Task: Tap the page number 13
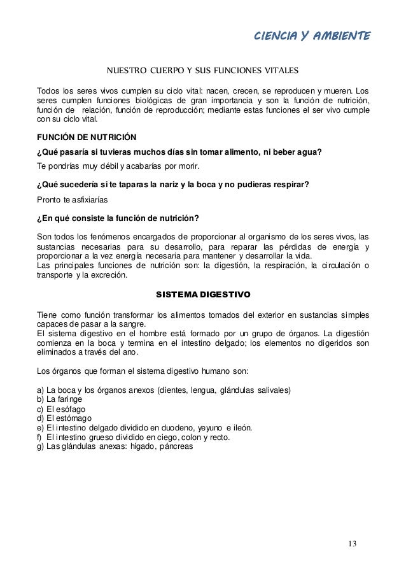(x=352, y=543)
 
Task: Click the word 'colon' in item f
(x=184, y=437)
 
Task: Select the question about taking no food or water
(x=179, y=152)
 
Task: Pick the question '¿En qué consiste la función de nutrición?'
(x=118, y=218)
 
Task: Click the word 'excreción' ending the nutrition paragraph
(x=108, y=276)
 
